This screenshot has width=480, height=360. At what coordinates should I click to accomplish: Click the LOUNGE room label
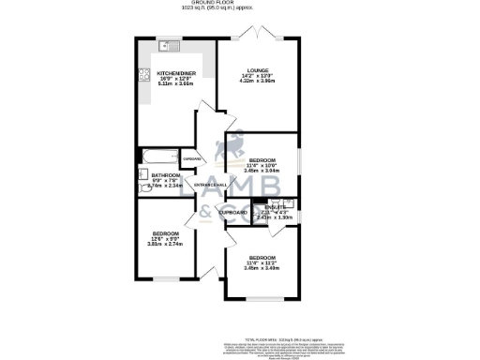point(258,70)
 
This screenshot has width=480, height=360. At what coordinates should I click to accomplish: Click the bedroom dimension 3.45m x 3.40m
point(260,267)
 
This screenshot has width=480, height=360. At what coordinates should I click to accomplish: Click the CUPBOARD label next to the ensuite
point(234,213)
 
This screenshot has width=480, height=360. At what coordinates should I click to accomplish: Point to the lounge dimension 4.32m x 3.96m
point(258,82)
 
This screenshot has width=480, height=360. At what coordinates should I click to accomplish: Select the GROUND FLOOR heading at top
point(239,3)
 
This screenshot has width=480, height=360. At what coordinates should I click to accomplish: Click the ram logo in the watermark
point(228,150)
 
